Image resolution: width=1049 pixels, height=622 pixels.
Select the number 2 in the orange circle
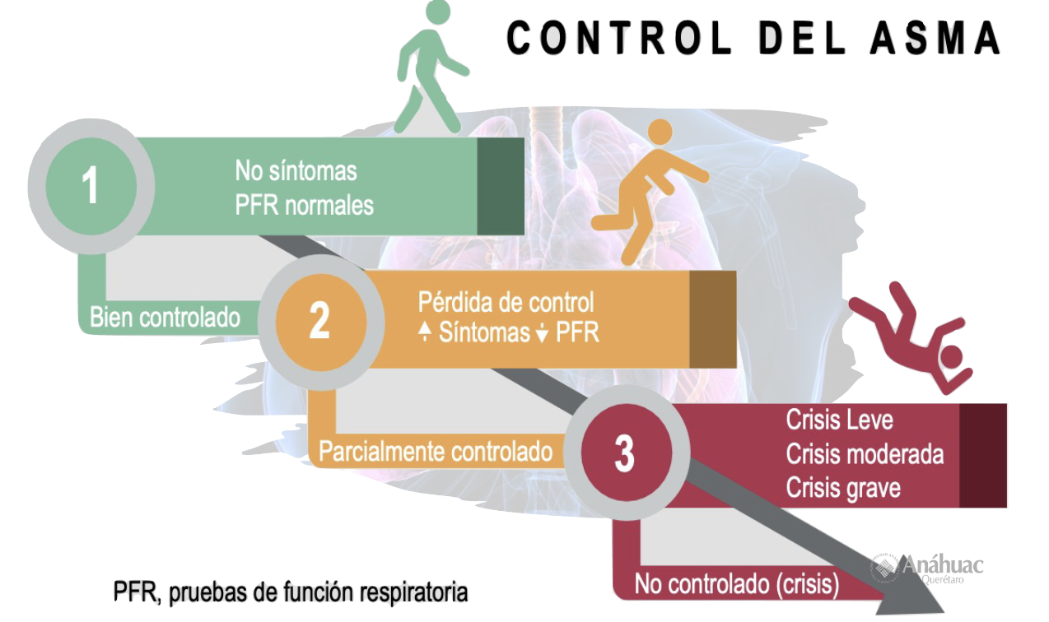click(x=319, y=321)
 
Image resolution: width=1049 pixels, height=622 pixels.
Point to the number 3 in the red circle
click(x=624, y=453)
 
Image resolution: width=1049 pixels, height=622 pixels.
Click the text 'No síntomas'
click(x=296, y=171)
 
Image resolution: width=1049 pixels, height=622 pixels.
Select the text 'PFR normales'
click(x=304, y=204)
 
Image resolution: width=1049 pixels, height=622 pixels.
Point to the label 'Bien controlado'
click(x=165, y=318)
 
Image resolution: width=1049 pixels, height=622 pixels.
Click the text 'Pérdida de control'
click(x=506, y=301)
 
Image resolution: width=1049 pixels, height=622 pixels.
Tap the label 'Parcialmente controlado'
click(x=436, y=452)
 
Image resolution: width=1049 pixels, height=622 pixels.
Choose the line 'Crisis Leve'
click(x=839, y=420)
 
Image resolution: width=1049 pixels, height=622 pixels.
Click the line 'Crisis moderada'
click(x=865, y=453)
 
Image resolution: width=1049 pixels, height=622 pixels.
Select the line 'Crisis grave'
click(x=843, y=487)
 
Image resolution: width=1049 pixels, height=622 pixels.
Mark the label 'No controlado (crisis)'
click(x=736, y=584)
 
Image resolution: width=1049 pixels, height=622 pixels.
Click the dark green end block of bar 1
click(x=501, y=186)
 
